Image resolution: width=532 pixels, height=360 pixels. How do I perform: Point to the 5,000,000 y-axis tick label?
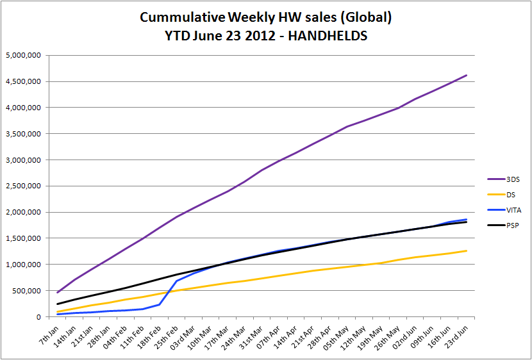coord(23,55)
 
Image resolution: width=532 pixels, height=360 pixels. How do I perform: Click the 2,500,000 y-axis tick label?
coord(23,186)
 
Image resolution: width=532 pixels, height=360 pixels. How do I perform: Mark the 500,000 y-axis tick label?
coord(27,291)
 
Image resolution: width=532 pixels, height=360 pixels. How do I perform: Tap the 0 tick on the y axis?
coord(38,317)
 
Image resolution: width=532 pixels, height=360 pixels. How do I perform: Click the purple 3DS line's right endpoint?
coord(467,75)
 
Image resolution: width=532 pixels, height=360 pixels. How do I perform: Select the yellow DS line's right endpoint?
coord(467,250)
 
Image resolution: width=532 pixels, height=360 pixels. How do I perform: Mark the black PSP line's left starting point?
coord(58,304)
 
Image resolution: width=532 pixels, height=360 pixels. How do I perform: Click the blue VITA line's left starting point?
coord(58,314)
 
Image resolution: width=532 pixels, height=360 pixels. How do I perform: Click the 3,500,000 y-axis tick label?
coord(23,134)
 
